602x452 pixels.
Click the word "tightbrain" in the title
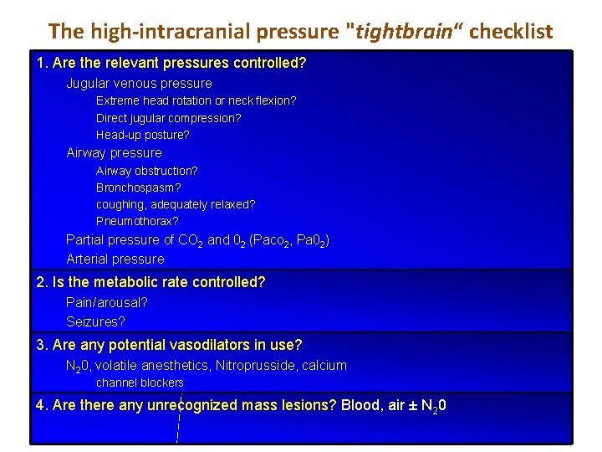tap(398, 32)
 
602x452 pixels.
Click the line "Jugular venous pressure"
tap(139, 83)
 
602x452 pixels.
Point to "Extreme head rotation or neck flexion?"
tap(196, 100)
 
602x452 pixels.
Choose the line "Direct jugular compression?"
tap(168, 118)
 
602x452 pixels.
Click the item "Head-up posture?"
tap(142, 135)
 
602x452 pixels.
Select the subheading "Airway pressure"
tap(114, 152)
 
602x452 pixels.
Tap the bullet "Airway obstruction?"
tap(146, 170)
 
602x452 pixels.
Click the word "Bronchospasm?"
tap(138, 187)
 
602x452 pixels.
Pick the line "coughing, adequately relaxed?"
tap(176, 204)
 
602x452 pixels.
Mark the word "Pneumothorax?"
tap(137, 222)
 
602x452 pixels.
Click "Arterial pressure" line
tap(115, 259)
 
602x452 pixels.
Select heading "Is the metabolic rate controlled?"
tap(158, 282)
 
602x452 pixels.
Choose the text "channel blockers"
tap(140, 383)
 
